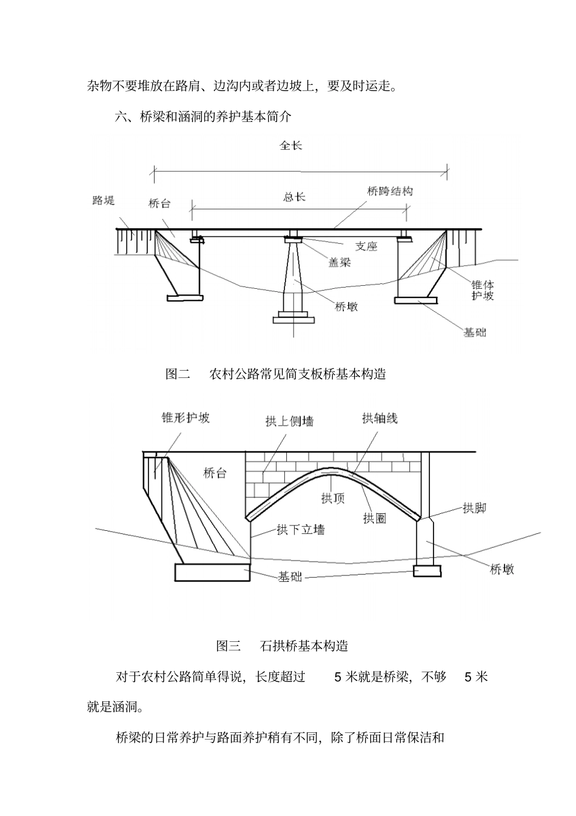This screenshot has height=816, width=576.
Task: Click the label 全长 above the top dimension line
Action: (290, 146)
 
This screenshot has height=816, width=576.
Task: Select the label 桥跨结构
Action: (390, 191)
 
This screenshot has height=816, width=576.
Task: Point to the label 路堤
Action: (103, 200)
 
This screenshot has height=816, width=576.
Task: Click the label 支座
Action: (366, 246)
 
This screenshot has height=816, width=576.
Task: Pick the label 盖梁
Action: (340, 263)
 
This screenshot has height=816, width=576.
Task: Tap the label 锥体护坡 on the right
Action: (483, 290)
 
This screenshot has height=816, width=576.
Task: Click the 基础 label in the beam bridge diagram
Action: (475, 332)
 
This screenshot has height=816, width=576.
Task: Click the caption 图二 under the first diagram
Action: (178, 374)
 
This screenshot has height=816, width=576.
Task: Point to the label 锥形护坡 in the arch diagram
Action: (186, 417)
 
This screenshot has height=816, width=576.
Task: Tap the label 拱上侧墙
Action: (289, 421)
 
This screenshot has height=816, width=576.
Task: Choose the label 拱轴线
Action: (380, 418)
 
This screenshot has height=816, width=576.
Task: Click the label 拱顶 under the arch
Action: (332, 498)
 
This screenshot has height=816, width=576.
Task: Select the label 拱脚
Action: (474, 508)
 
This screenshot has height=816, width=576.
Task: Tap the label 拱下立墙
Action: (301, 530)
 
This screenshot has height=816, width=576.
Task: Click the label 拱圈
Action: (375, 518)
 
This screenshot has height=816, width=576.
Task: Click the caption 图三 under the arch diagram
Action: (229, 646)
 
